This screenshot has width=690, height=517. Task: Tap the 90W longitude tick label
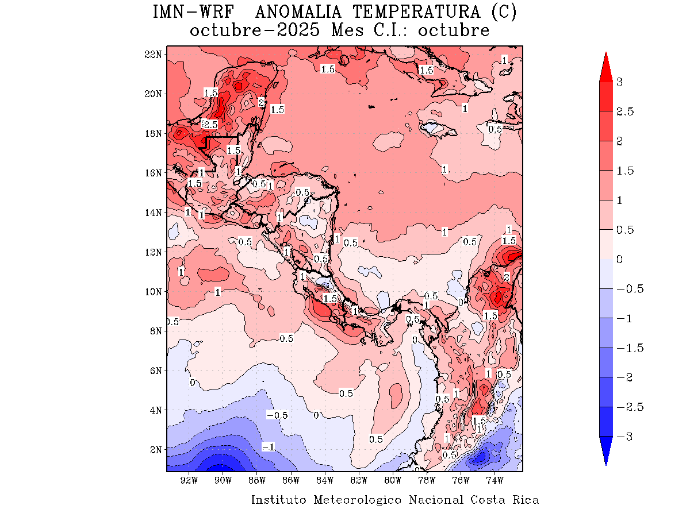pos(223,480)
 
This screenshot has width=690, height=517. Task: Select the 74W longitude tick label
pos(494,480)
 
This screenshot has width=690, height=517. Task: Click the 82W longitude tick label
pos(359,480)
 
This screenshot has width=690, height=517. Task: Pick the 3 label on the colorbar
pos(619,82)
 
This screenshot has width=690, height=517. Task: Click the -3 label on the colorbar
pos(624,437)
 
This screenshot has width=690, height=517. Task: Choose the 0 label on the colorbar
pos(619,260)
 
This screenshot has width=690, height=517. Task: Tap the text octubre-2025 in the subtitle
pos(255,30)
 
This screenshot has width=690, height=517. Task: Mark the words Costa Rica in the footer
pos(505,500)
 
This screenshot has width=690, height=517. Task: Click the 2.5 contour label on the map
pos(210,124)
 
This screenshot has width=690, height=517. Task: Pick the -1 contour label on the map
pos(269,447)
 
